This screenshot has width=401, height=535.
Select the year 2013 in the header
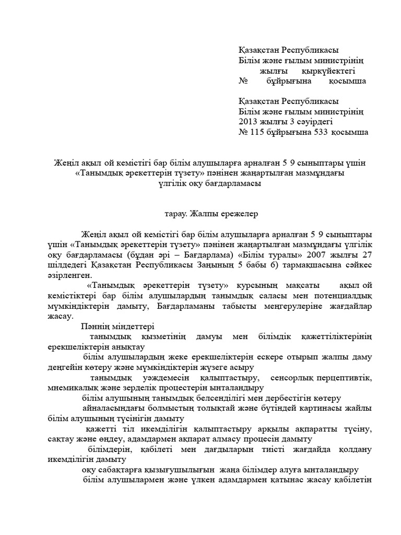249,122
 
